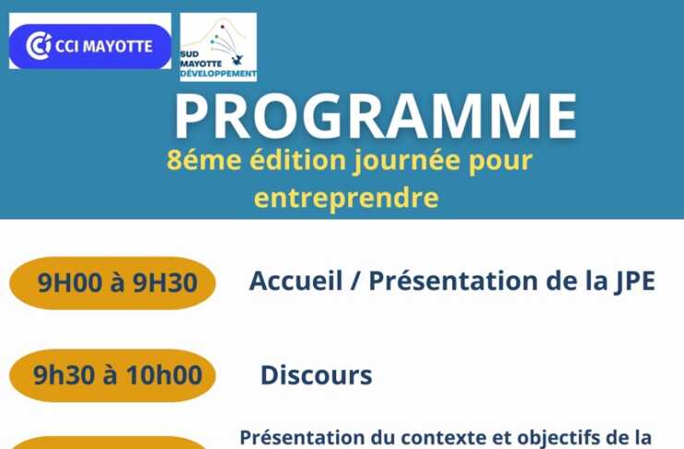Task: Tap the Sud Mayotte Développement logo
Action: (x=218, y=47)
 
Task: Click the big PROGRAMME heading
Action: (x=376, y=115)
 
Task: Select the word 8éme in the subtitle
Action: (x=204, y=160)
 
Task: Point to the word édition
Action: (x=297, y=160)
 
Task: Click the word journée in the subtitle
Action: (x=406, y=161)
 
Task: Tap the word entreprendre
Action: (x=346, y=198)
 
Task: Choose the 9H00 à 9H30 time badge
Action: (x=113, y=283)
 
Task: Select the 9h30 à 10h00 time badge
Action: (x=113, y=375)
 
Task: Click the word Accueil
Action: (x=295, y=281)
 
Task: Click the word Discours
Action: (x=317, y=375)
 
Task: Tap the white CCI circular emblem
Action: (x=39, y=45)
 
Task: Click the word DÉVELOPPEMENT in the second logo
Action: (x=218, y=74)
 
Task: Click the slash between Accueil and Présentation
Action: (x=355, y=281)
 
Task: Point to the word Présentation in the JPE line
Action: (x=453, y=281)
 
